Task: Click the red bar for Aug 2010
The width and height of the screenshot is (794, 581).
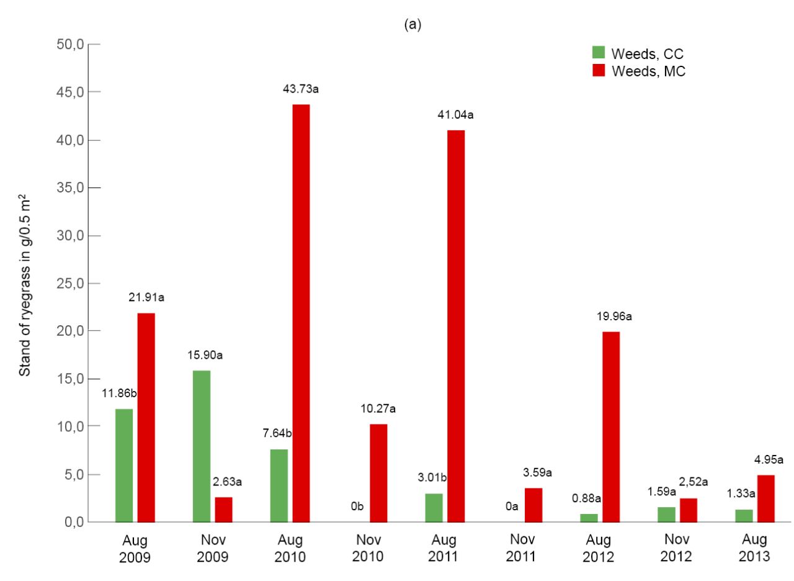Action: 301,313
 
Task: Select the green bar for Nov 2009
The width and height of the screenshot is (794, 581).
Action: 202,446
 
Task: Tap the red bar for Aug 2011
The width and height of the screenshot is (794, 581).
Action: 456,327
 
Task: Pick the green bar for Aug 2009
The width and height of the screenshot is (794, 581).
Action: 124,466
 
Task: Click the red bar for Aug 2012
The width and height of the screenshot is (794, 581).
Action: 611,427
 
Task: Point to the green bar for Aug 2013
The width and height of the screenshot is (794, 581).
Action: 744,516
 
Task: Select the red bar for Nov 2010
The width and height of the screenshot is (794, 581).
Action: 378,473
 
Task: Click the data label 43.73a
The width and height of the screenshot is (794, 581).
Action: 301,89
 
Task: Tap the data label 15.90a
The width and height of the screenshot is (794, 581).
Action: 205,355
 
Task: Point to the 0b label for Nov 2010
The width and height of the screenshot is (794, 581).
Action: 357,506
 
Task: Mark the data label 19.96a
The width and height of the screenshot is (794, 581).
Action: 614,316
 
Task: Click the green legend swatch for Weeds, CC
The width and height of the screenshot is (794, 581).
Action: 599,52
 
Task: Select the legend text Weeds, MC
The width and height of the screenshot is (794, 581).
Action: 649,71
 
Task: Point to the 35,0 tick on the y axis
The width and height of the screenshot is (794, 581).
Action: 94,187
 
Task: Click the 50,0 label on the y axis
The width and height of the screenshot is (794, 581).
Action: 70,45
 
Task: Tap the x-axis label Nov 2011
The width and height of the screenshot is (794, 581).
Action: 522,547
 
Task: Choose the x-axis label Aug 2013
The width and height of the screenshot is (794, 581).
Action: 754,547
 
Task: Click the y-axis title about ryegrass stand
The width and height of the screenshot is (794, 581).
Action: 25,285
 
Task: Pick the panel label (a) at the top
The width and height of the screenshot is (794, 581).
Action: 413,24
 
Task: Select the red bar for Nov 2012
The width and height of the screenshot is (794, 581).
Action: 689,510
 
